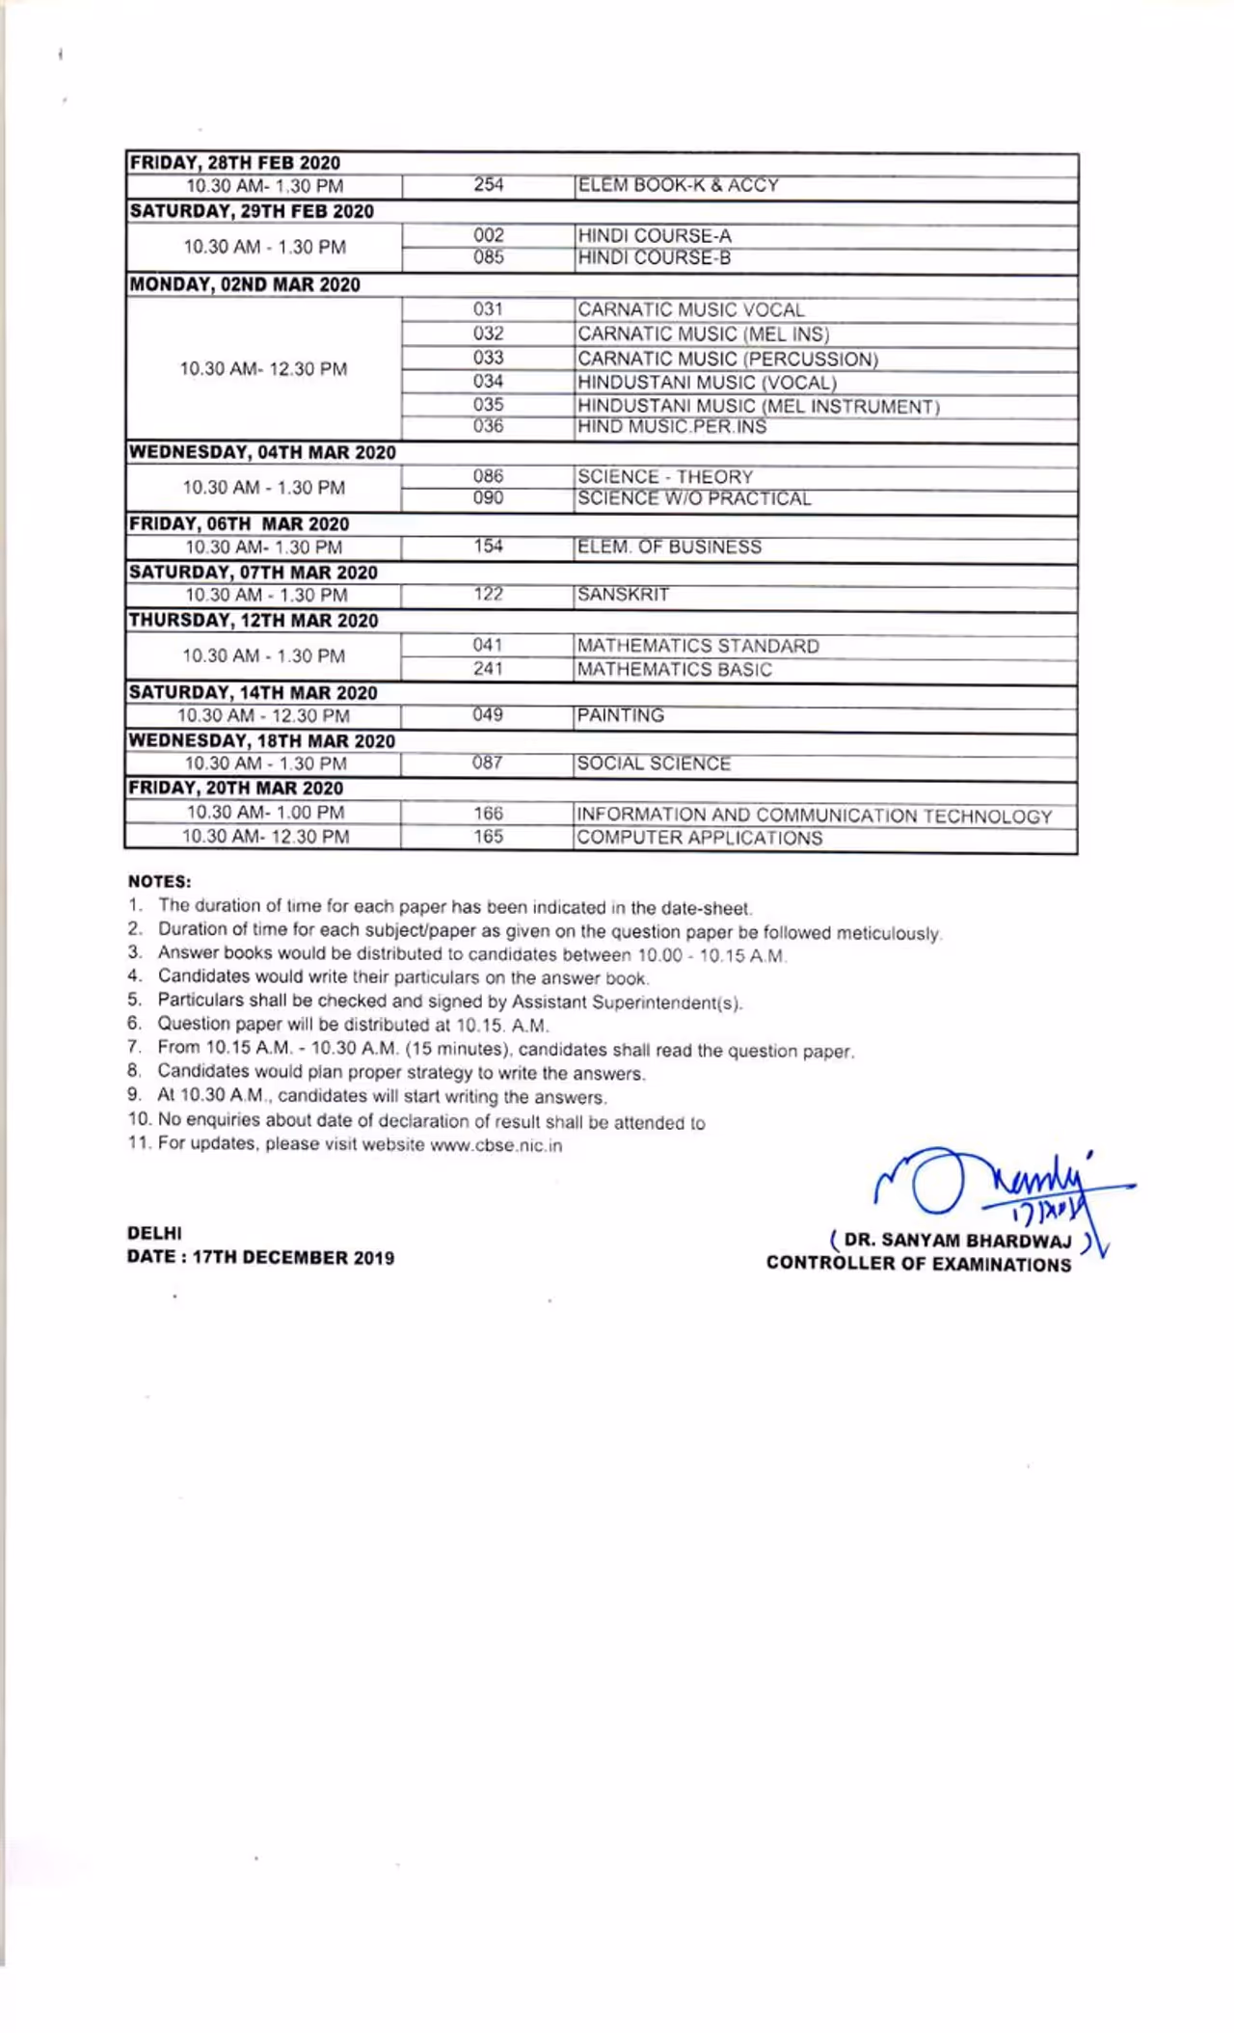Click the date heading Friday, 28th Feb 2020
pyautogui.click(x=234, y=163)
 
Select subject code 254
pyautogui.click(x=488, y=185)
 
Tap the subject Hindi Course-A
pyautogui.click(x=655, y=235)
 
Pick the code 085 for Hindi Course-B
pyautogui.click(x=488, y=257)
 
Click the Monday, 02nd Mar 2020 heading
pyautogui.click(x=245, y=284)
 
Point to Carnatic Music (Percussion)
pyautogui.click(x=728, y=359)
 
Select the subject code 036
pyautogui.click(x=488, y=426)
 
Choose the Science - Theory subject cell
pyautogui.click(x=665, y=476)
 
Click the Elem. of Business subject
pyautogui.click(x=669, y=547)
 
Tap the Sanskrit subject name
pyautogui.click(x=623, y=594)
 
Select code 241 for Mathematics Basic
pyautogui.click(x=488, y=668)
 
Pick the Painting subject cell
pyautogui.click(x=621, y=715)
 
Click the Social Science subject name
pyautogui.click(x=654, y=763)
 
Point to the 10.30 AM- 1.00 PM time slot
pyautogui.click(x=265, y=812)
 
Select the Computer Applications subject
pyautogui.click(x=700, y=838)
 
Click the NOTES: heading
pyautogui.click(x=159, y=881)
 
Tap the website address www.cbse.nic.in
pyautogui.click(x=496, y=1145)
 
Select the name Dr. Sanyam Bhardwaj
pyautogui.click(x=957, y=1241)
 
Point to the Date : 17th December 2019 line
pyautogui.click(x=260, y=1257)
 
